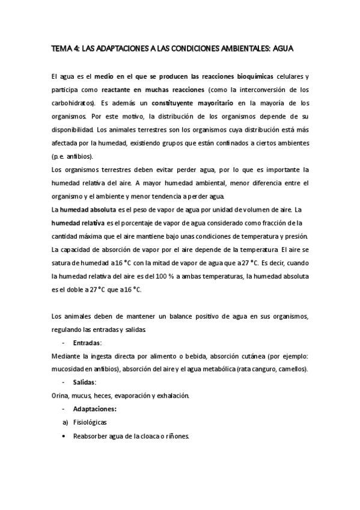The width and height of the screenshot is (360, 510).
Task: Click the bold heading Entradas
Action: (87, 342)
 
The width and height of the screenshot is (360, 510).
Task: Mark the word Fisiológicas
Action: (90, 422)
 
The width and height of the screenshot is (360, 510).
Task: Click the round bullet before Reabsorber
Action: (64, 435)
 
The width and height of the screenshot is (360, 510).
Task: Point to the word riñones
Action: (177, 435)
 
